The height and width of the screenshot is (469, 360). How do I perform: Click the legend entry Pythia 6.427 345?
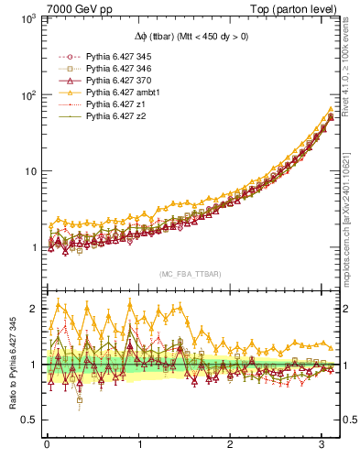(118, 56)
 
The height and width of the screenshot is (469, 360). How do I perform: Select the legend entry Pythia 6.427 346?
(118, 69)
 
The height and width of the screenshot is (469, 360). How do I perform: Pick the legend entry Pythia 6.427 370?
(118, 81)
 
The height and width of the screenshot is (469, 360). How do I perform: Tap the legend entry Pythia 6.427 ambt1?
(121, 93)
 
